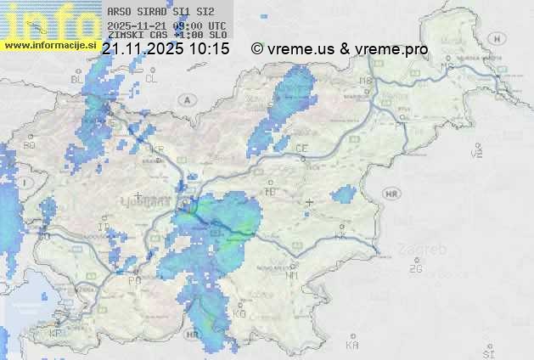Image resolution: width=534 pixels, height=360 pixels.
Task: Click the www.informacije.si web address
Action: click(49, 46)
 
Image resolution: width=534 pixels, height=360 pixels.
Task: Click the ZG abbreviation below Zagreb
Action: click(415, 269)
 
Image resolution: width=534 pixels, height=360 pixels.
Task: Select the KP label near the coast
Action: click(55, 334)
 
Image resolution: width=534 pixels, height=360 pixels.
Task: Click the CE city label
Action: click(301, 148)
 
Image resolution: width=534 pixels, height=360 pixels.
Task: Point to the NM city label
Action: click(293, 275)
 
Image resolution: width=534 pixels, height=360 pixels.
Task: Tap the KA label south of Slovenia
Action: click(352, 345)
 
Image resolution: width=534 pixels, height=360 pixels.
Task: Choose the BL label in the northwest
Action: click(77, 79)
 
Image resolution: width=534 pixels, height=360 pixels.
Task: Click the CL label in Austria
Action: click(151, 78)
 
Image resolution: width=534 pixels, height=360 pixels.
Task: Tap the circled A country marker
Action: click(186, 99)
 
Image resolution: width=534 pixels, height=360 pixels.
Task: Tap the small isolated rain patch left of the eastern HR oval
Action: click(344, 196)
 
